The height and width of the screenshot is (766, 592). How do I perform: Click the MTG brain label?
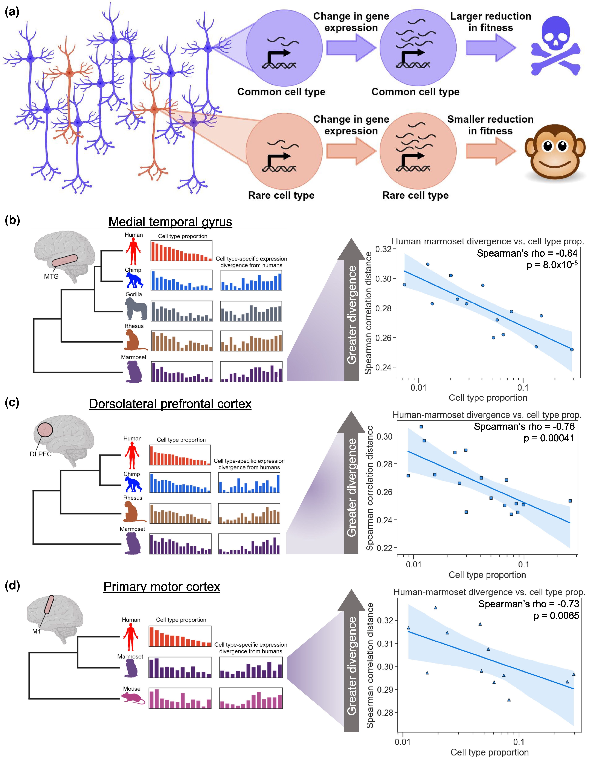point(51,276)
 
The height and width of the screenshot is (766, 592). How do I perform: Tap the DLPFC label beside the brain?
point(41,454)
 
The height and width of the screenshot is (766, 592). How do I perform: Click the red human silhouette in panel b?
point(133,251)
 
